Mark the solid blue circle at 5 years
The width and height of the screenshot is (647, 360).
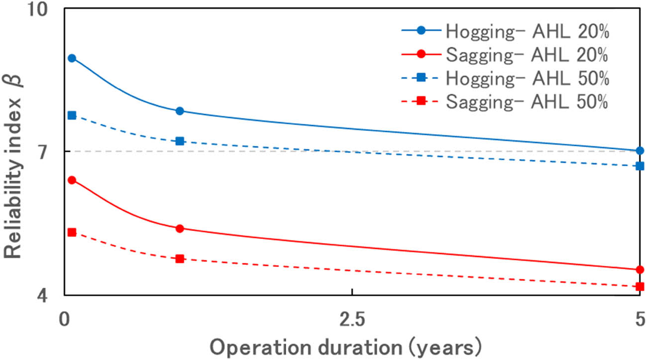tap(640, 150)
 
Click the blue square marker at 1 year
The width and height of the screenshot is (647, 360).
tap(180, 141)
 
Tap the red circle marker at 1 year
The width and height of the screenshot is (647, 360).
tap(180, 229)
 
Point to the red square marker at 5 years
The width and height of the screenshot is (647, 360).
tap(640, 286)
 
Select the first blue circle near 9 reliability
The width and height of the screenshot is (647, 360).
tap(72, 58)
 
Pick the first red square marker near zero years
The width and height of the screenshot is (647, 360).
tap(72, 233)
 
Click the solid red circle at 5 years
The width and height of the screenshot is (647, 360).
tap(640, 269)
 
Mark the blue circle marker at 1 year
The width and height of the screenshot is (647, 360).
tap(180, 111)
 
